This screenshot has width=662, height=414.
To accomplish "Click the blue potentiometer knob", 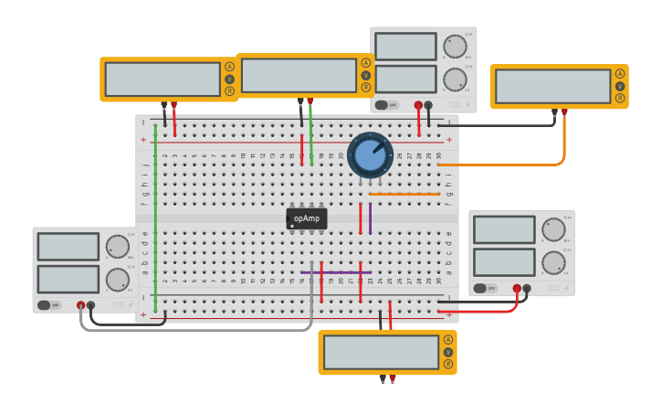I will pyautogui.click(x=370, y=155).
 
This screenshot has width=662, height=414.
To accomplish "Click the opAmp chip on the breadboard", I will pyautogui.click(x=307, y=218).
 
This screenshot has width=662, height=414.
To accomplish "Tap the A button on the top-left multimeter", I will pyautogui.click(x=229, y=67).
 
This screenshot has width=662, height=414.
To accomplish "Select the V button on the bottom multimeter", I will pyautogui.click(x=447, y=352).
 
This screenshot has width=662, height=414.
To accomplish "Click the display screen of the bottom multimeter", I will pyautogui.click(x=382, y=352).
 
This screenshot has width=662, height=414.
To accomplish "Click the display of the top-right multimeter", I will pyautogui.click(x=553, y=87).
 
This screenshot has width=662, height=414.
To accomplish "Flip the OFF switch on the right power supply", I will pyautogui.click(x=486, y=288).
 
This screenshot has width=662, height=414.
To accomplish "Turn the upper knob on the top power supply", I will pyautogui.click(x=454, y=47).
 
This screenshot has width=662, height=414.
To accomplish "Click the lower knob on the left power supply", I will pyautogui.click(x=117, y=279).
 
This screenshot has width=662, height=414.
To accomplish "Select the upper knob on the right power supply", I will pyautogui.click(x=553, y=229).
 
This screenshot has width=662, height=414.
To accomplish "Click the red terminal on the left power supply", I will pyautogui.click(x=80, y=305).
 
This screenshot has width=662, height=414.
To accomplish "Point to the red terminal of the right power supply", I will pyautogui.click(x=517, y=288).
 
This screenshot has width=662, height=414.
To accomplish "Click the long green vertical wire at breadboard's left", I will pyautogui.click(x=155, y=219).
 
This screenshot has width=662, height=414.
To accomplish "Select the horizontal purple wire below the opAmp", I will pyautogui.click(x=335, y=272).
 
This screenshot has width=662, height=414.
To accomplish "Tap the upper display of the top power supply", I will pyautogui.click(x=405, y=47).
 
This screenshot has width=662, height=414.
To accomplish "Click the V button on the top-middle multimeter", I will pyautogui.click(x=365, y=76).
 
